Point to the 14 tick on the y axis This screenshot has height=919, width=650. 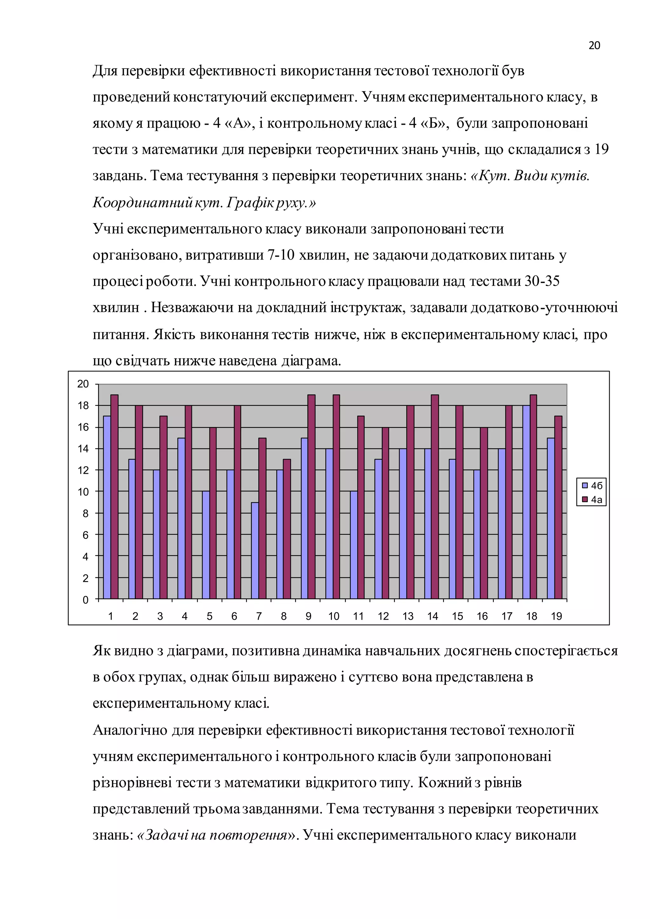[83, 449]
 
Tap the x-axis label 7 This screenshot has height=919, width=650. [259, 616]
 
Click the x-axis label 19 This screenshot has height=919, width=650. [556, 616]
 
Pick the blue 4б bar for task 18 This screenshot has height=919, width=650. [526, 502]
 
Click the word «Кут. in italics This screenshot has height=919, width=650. [491, 176]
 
